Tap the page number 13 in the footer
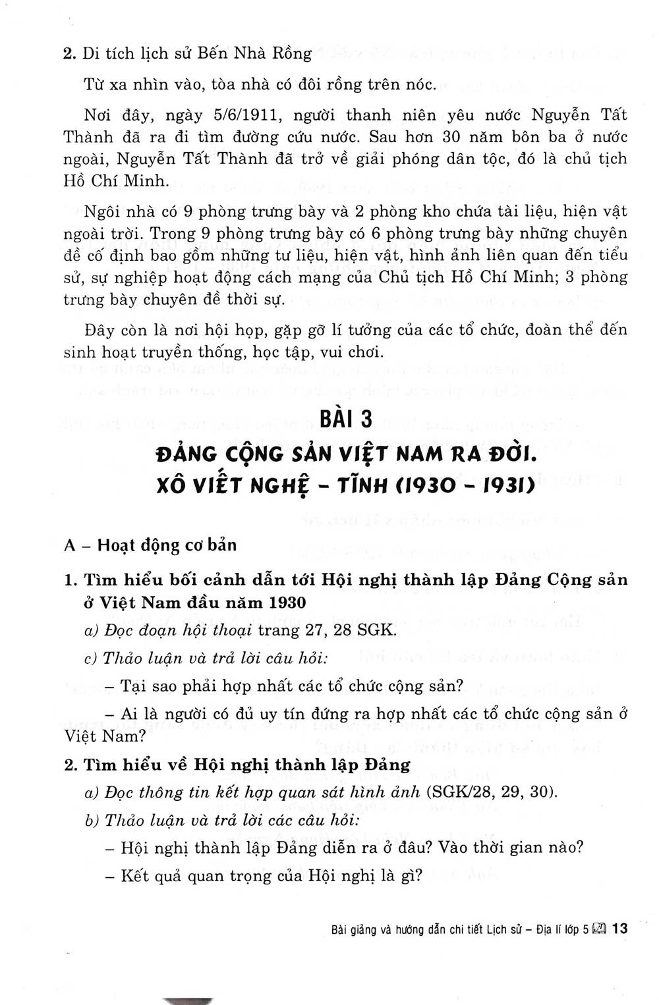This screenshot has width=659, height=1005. coord(619,929)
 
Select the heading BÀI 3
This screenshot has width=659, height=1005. coord(346,420)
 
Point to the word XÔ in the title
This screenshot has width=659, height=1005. coord(173,485)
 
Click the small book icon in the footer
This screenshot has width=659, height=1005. coord(599,929)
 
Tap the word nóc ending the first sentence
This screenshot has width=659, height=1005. coord(422,84)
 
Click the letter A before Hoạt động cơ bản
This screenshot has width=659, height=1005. coord(70,545)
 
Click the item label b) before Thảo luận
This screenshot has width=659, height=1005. coord(92,820)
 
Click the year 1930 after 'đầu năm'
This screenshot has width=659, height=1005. coord(287,602)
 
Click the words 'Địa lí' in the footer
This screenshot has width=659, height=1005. coord(550,929)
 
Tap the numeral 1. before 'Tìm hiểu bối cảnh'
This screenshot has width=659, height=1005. coord(71,580)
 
